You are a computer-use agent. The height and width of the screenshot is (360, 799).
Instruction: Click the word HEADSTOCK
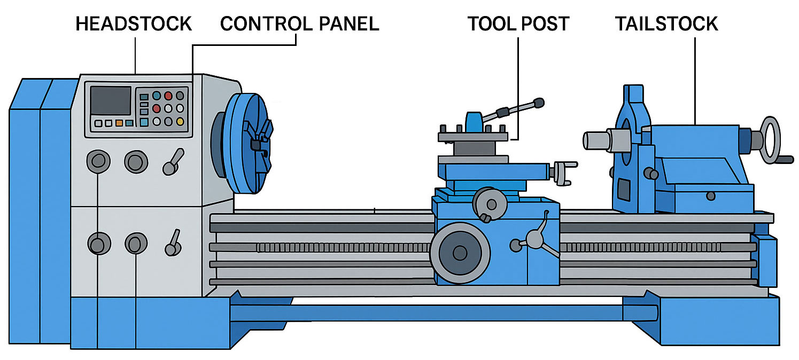coord(134,24)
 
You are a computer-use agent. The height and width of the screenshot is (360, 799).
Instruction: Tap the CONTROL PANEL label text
coord(299,24)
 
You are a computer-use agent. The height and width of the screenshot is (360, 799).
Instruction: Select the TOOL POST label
coord(518,24)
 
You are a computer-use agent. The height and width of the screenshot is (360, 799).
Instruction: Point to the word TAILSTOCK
coord(666,24)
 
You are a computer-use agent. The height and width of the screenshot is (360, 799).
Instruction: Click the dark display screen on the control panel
coord(111,100)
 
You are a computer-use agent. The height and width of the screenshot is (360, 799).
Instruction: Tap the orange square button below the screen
coord(119,123)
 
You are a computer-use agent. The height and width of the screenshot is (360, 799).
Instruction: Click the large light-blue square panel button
coord(144,122)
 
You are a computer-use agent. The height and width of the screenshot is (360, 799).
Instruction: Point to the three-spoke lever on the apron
coord(534,238)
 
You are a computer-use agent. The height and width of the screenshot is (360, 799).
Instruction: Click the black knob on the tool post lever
coord(539,101)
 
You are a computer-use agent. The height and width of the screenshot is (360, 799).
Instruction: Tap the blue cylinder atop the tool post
coord(474,122)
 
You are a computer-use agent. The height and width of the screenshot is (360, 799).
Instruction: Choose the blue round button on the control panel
coord(157,96)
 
